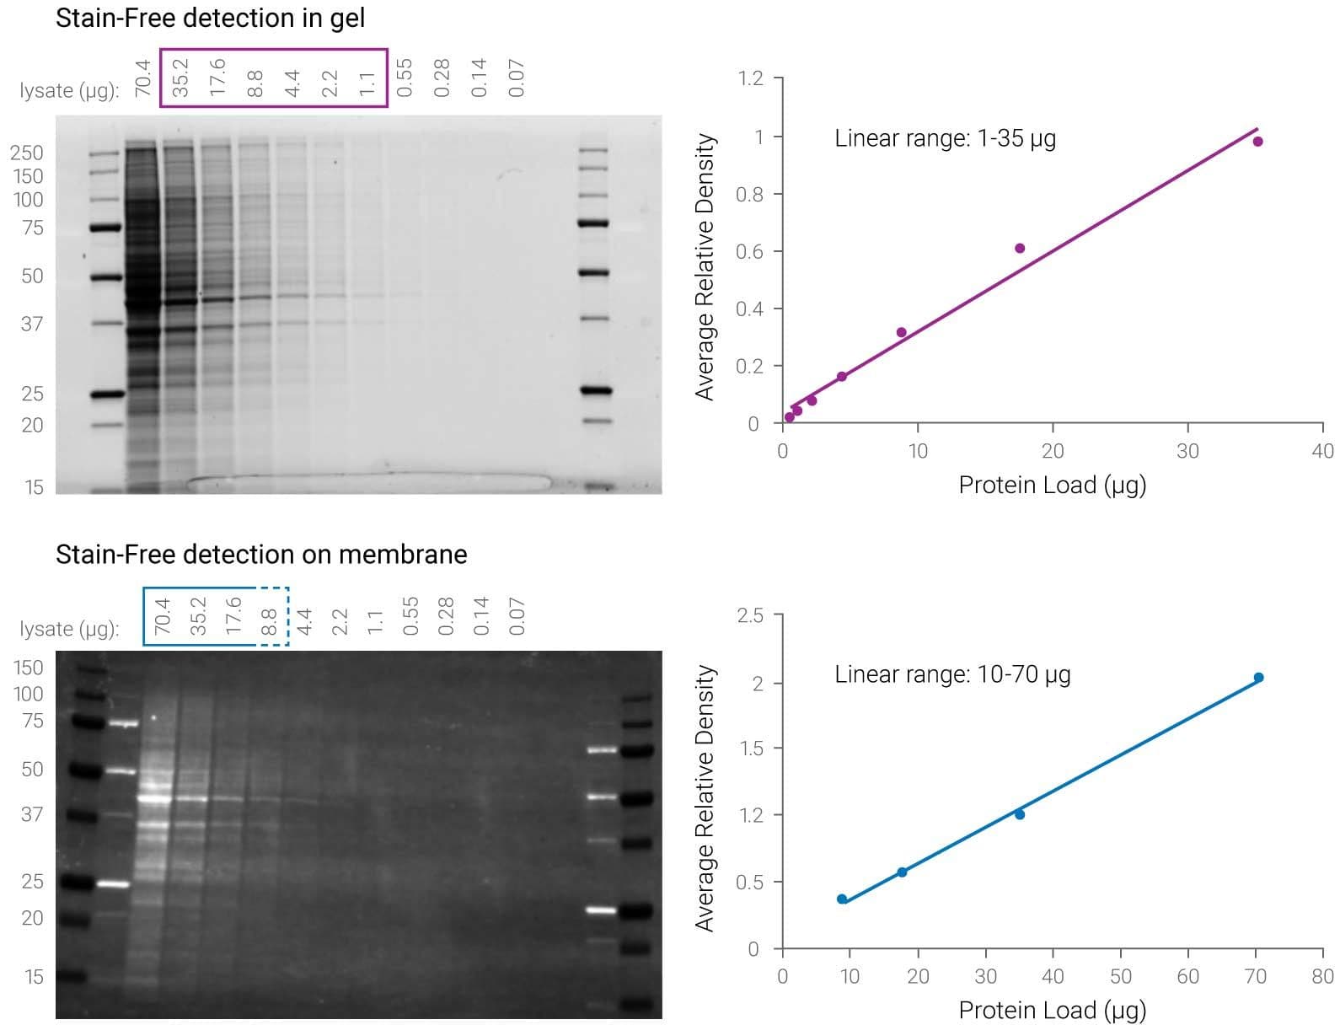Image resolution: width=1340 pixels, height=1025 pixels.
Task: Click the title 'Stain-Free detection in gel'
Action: click(x=210, y=18)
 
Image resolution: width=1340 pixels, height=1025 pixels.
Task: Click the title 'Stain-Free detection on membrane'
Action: click(x=261, y=554)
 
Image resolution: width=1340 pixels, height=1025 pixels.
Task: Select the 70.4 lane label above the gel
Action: click(x=143, y=78)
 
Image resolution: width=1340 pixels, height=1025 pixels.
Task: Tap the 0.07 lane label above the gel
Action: click(x=517, y=78)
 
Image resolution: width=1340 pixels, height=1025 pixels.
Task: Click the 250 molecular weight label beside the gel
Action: click(x=27, y=153)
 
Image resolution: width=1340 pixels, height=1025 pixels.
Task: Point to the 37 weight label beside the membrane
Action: click(x=32, y=814)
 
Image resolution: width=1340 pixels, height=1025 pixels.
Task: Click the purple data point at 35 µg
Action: click(x=1257, y=142)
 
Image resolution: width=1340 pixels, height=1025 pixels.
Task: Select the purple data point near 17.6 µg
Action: click(x=1020, y=249)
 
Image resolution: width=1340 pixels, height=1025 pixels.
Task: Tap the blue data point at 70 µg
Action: click(x=1258, y=678)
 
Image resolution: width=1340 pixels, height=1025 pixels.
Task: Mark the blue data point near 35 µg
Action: click(x=1020, y=814)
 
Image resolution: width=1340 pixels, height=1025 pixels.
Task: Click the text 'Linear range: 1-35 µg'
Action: click(x=945, y=138)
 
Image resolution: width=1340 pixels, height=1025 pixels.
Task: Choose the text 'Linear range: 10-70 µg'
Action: click(x=952, y=674)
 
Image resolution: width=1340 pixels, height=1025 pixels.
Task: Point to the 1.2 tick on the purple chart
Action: click(x=750, y=78)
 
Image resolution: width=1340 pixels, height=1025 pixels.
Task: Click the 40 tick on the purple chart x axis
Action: click(x=1322, y=451)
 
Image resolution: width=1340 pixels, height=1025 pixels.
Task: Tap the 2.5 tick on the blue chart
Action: click(x=750, y=615)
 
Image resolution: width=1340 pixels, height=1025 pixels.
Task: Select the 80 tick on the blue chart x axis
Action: click(x=1322, y=976)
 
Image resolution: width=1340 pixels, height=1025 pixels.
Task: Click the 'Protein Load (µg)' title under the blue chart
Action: click(x=1053, y=1009)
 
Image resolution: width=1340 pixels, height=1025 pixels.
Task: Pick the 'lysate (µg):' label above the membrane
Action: click(x=69, y=629)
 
